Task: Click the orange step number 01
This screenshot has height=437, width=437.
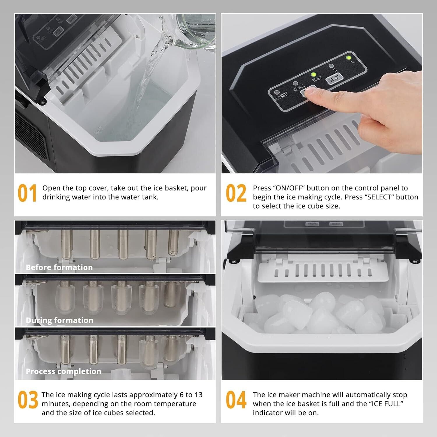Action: [x=27, y=193]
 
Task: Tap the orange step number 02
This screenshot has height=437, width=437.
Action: [x=236, y=193]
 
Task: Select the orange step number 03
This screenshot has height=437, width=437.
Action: [x=28, y=400]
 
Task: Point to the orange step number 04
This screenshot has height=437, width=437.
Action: [x=236, y=400]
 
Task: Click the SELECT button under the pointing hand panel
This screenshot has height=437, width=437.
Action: [x=334, y=78]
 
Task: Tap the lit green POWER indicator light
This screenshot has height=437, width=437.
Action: [x=314, y=75]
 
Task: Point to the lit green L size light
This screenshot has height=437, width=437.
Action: [x=348, y=57]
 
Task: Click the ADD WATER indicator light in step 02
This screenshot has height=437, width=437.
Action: [x=277, y=93]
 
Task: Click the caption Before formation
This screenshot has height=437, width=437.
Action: [x=59, y=267]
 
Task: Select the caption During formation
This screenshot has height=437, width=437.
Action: [x=59, y=320]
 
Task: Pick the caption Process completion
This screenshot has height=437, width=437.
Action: [x=64, y=371]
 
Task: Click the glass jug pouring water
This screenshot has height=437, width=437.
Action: [x=195, y=31]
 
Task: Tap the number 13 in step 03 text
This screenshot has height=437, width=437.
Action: [x=198, y=395]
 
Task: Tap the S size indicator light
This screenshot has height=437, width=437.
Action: [x=331, y=66]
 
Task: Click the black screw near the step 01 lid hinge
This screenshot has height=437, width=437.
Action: [x=43, y=102]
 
